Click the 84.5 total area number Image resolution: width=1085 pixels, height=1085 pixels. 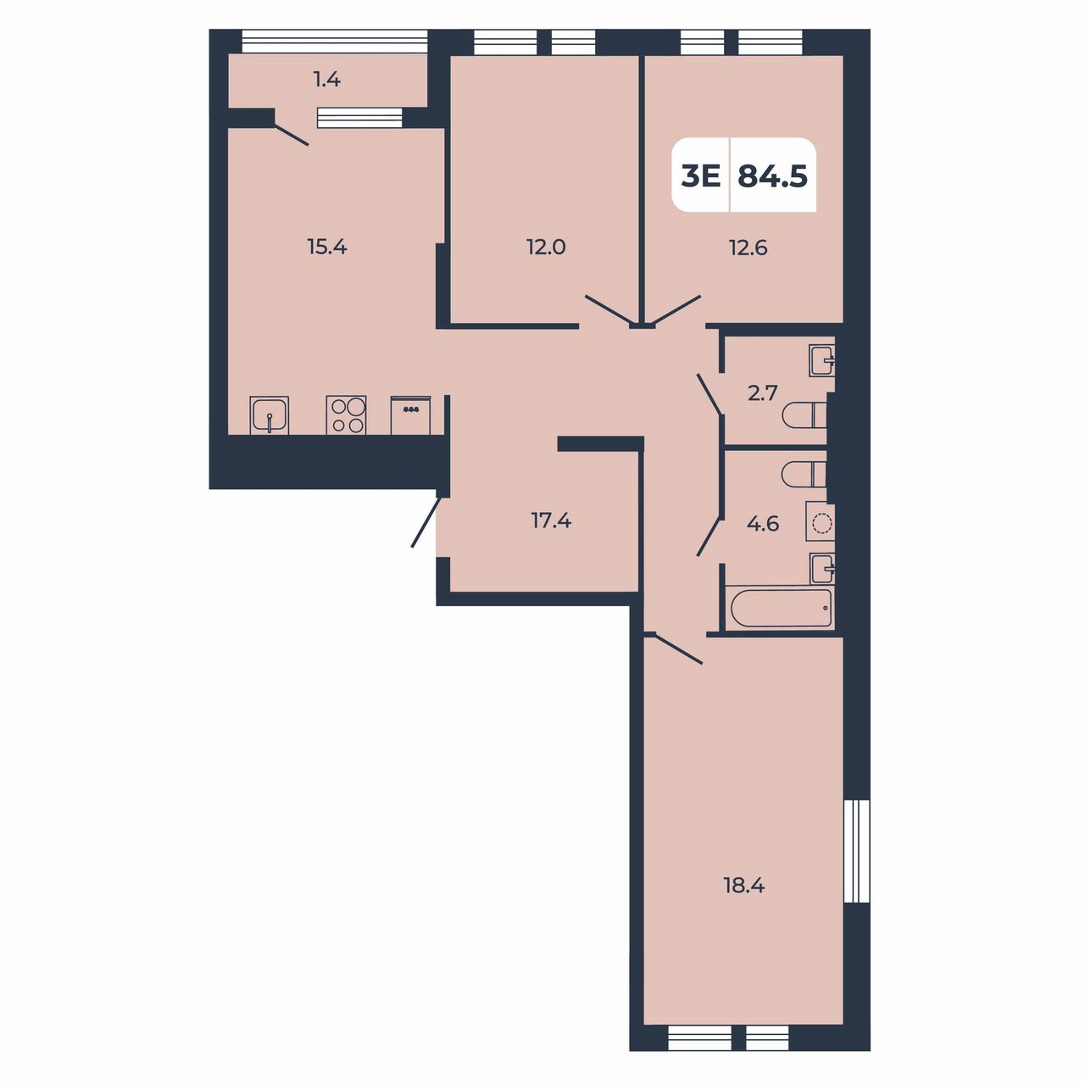pos(772,176)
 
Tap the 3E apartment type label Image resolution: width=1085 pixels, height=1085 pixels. pos(700,177)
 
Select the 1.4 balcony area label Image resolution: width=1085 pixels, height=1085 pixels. pos(327,80)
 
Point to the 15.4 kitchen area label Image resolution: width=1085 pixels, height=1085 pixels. pos(327,247)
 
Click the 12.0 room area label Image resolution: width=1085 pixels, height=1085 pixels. pos(546,248)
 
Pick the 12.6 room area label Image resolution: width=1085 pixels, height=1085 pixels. pos(748,248)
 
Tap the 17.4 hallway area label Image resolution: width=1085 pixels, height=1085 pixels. pos(551,520)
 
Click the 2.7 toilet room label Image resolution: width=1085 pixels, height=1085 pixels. pos(763,393)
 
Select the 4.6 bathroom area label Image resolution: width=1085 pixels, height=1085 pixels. pos(763,524)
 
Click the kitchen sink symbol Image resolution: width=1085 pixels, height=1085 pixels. pos(270,415)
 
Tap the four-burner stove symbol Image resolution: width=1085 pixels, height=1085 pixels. pos(347,415)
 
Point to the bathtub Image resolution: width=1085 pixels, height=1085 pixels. pos(779,608)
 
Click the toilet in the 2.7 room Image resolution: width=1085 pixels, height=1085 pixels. pos(804,415)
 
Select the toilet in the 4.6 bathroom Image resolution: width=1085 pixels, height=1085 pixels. pos(804,474)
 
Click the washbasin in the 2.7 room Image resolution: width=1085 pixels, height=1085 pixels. pos(822,360)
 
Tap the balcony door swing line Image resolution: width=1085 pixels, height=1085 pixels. pos(291,136)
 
